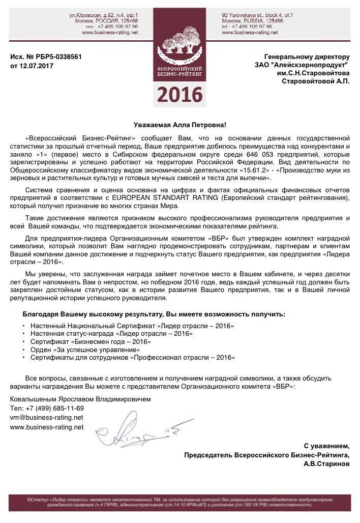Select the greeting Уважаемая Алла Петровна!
[180, 125]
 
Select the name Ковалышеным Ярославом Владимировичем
[80, 399]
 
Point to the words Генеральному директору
[307, 57]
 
